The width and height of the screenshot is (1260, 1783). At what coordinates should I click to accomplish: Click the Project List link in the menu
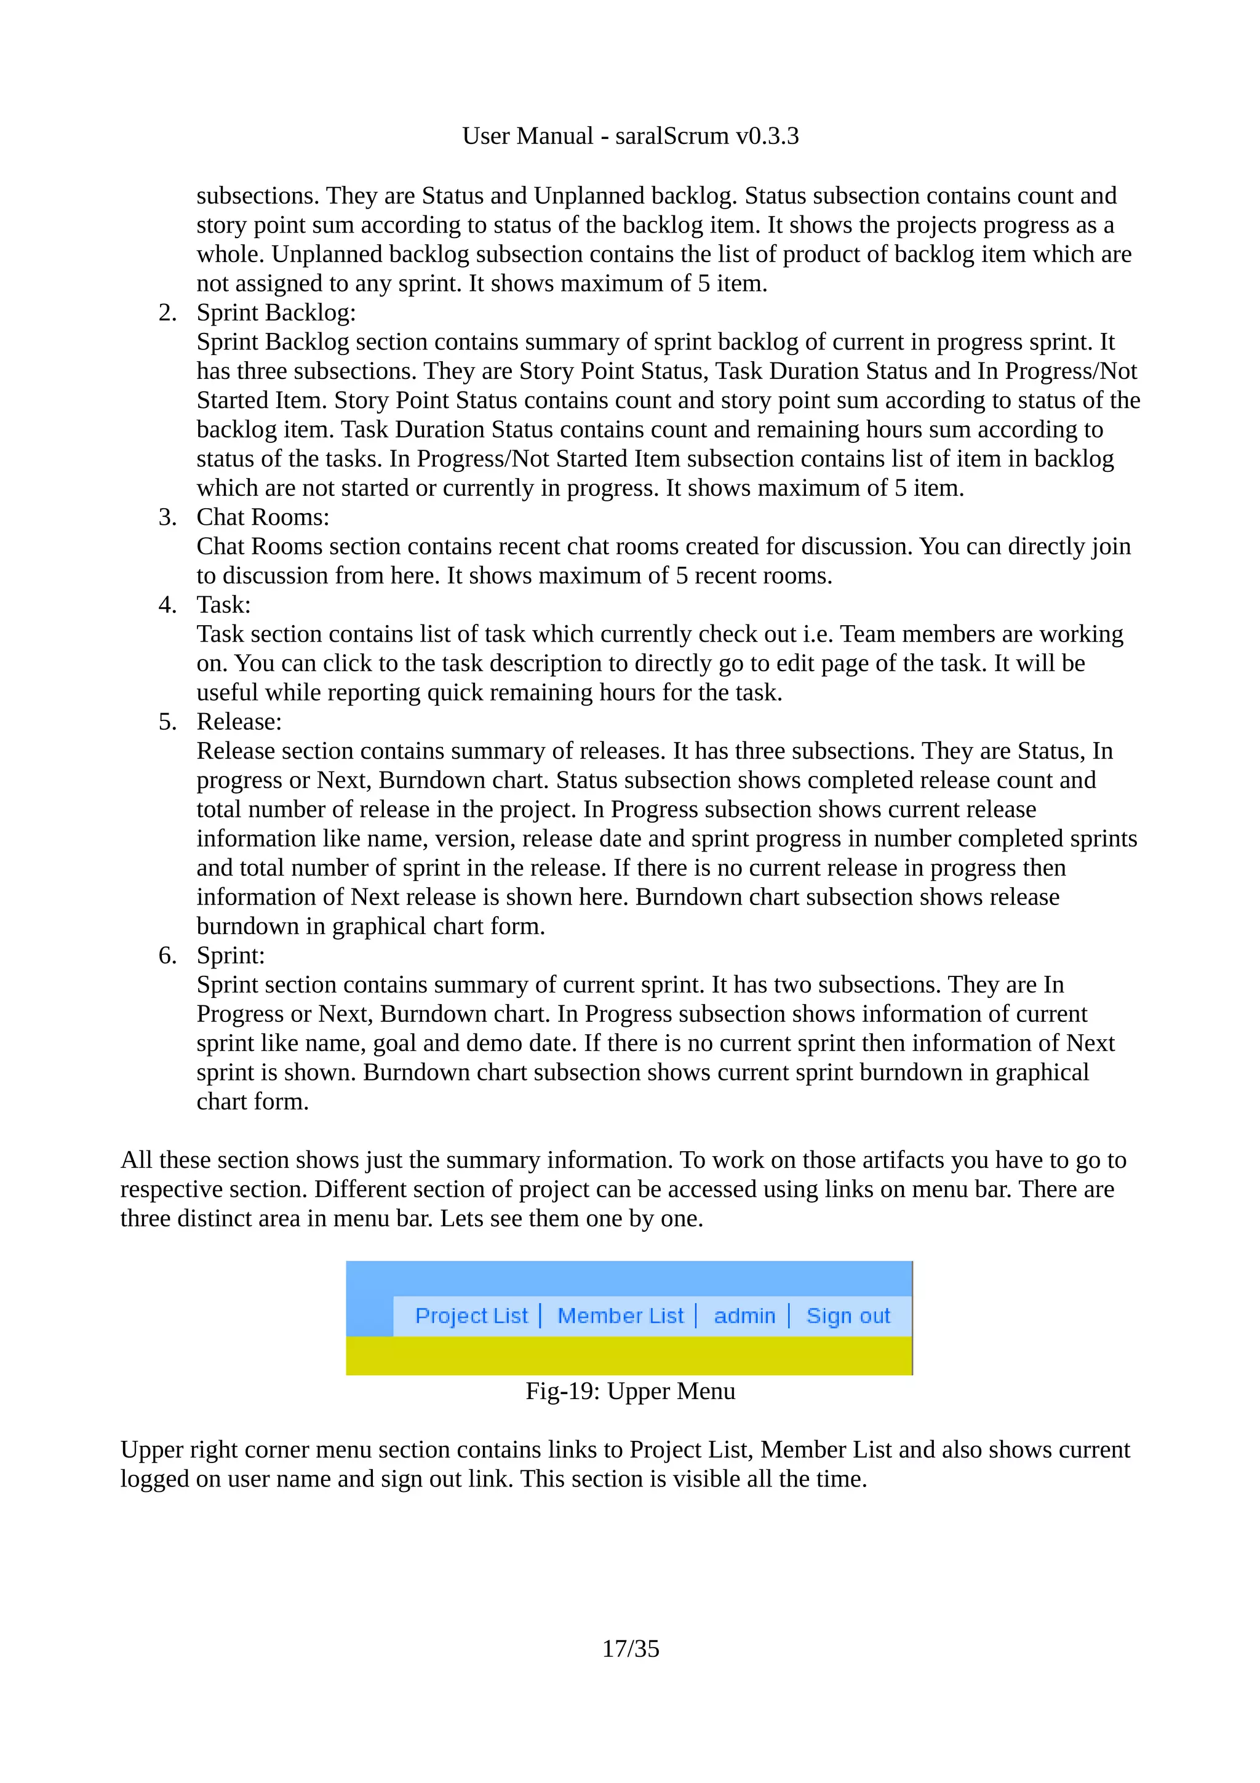pyautogui.click(x=471, y=1315)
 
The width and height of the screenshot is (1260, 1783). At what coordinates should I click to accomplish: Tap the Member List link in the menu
pyautogui.click(x=620, y=1315)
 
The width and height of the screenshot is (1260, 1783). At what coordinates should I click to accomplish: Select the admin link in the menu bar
pyautogui.click(x=744, y=1315)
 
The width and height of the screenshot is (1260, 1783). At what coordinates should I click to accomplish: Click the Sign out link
pyautogui.click(x=848, y=1315)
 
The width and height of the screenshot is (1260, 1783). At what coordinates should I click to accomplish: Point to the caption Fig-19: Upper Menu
pyautogui.click(x=629, y=1391)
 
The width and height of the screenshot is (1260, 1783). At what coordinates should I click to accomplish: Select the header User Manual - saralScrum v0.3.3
pyautogui.click(x=629, y=136)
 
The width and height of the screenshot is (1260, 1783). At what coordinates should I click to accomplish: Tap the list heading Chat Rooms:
pyautogui.click(x=263, y=517)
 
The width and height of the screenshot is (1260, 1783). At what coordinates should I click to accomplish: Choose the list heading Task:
pyautogui.click(x=223, y=605)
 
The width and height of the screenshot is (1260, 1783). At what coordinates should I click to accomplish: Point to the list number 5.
pyautogui.click(x=167, y=722)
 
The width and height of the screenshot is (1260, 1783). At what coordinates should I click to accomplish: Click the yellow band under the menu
pyautogui.click(x=629, y=1356)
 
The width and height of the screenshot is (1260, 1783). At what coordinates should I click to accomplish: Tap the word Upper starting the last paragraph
pyautogui.click(x=151, y=1450)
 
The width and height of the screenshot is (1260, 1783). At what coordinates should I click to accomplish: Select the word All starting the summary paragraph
pyautogui.click(x=136, y=1160)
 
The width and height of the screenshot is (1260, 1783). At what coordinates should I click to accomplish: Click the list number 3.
pyautogui.click(x=167, y=517)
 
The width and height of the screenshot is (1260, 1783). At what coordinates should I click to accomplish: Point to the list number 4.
pyautogui.click(x=167, y=605)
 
